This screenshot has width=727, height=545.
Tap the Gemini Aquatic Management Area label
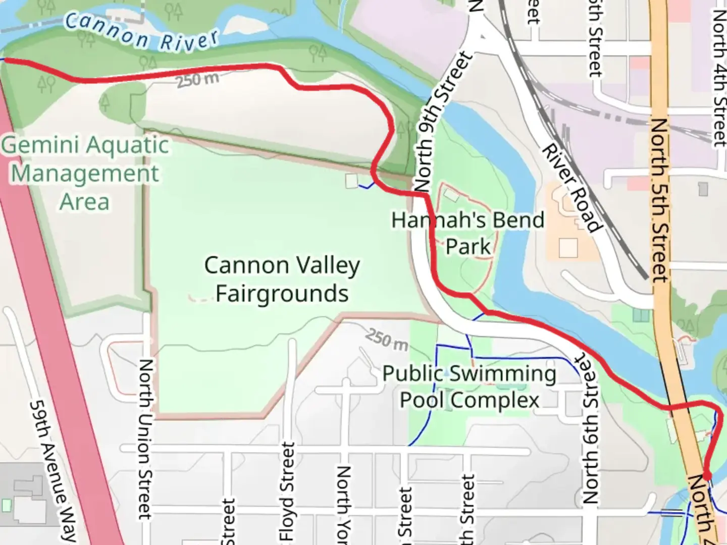(85, 173)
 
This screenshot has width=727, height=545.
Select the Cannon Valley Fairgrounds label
(282, 279)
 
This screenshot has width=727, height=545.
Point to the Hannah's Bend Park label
(468, 233)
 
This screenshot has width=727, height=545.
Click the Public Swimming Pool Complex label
(469, 387)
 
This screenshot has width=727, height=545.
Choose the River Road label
(572, 188)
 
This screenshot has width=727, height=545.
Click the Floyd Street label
(287, 492)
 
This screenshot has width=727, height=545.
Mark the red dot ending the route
(707, 475)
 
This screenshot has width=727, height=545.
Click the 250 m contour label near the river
(197, 79)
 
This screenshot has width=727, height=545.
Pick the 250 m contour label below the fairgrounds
(386, 340)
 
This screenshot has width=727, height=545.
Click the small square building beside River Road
(568, 248)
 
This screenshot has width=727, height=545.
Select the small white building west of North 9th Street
(352, 181)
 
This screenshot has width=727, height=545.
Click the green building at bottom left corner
(6, 505)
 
